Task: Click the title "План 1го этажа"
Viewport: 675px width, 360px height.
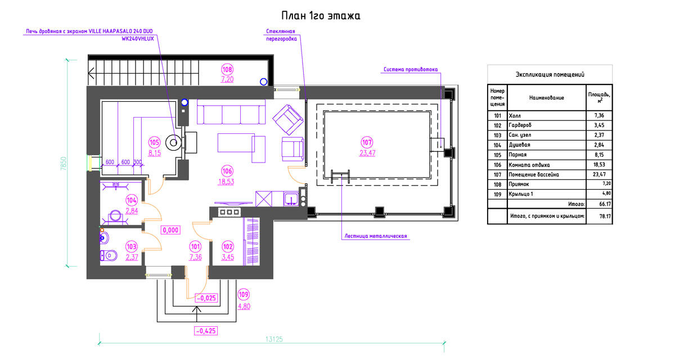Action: coord(321,16)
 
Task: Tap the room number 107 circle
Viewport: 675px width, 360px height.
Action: coord(367,142)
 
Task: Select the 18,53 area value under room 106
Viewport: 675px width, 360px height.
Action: coord(226,182)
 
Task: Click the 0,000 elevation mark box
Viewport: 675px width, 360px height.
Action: coord(170,230)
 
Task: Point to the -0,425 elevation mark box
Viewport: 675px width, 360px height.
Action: coord(206,331)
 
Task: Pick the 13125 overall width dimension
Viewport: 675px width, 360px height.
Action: coord(274,339)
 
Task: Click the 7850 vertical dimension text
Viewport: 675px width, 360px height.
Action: coord(64,163)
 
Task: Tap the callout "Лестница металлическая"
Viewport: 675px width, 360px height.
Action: coord(376,236)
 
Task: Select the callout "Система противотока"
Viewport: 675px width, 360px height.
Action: coord(411,69)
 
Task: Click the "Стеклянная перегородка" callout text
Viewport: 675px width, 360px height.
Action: coord(281,35)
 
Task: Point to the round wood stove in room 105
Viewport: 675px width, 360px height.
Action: coord(174,142)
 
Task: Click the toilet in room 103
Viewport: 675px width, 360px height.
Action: coord(109,255)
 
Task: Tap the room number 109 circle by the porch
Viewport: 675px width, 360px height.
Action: coord(244,294)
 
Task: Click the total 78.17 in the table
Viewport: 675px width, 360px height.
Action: coord(605,217)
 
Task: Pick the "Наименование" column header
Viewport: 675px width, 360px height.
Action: coord(547,98)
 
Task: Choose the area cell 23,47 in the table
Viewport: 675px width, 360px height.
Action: coord(600,174)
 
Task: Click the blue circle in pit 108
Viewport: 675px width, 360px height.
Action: coord(263,82)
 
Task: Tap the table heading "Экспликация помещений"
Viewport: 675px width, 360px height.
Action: coord(550,74)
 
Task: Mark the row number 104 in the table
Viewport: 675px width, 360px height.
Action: coord(497,145)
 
